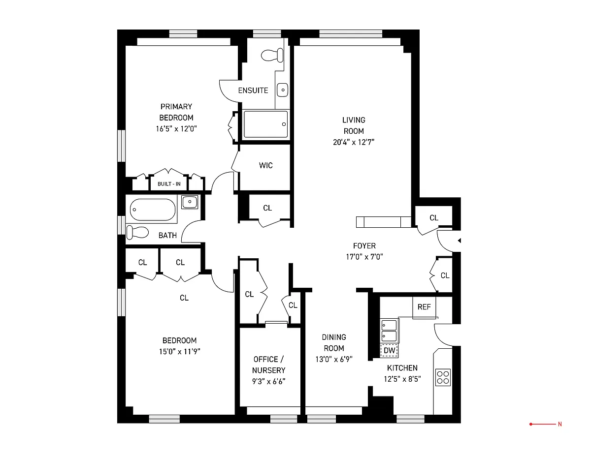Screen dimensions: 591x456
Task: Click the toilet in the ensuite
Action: click(272, 55)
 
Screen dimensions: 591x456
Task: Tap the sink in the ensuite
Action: click(283, 90)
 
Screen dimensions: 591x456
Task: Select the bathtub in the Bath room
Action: click(153, 210)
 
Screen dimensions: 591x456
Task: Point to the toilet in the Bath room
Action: click(137, 233)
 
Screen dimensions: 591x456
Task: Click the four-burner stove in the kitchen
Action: click(443, 377)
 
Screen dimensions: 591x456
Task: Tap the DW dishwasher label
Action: click(389, 350)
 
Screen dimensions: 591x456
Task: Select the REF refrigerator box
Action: click(424, 307)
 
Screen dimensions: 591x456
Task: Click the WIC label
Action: click(266, 165)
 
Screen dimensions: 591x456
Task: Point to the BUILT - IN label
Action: click(169, 184)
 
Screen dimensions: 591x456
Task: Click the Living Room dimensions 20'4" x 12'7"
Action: click(354, 142)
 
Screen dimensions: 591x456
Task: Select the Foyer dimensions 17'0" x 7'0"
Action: click(364, 257)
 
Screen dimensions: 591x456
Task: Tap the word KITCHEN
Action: click(402, 368)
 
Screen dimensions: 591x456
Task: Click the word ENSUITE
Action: click(253, 90)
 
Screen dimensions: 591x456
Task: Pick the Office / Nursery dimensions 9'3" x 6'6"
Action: click(268, 381)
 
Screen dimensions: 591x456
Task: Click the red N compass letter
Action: click(559, 424)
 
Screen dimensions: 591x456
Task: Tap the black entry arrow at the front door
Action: click(459, 241)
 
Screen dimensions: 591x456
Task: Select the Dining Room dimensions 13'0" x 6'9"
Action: click(334, 359)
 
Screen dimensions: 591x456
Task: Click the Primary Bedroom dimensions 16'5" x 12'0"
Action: click(176, 129)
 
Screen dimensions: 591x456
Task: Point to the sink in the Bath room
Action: click(190, 202)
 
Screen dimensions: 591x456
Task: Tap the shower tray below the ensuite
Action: click(265, 124)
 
